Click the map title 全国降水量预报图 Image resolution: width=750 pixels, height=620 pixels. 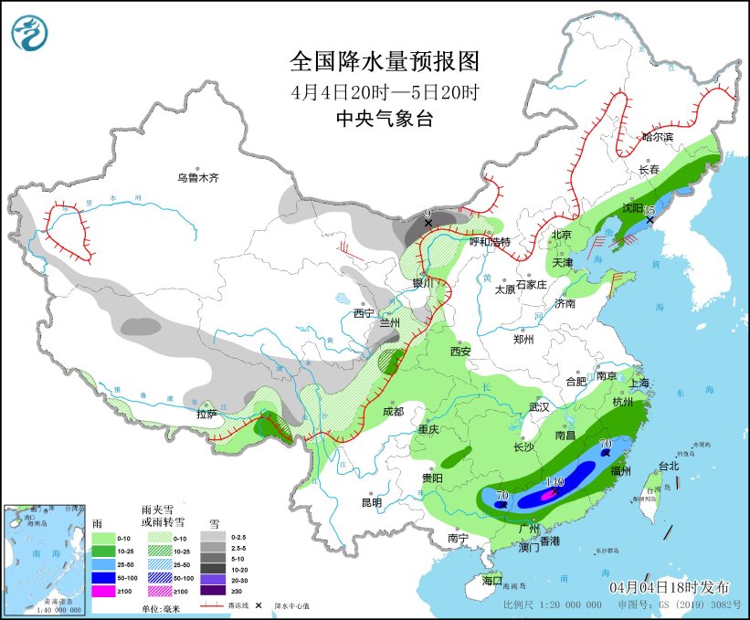(x=384, y=61)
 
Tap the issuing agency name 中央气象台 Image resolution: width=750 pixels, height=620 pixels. (x=384, y=118)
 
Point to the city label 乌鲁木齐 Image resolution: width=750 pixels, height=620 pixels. (x=198, y=178)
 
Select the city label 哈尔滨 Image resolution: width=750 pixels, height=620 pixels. (x=657, y=137)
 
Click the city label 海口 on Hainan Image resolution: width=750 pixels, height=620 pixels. (x=492, y=581)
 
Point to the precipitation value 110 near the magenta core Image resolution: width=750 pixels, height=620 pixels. (x=555, y=481)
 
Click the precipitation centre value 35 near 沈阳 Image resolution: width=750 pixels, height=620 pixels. (x=650, y=209)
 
